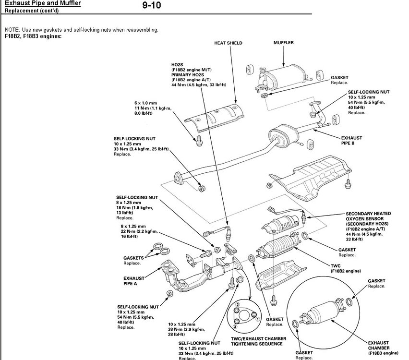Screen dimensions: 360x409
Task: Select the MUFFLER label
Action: [283, 43]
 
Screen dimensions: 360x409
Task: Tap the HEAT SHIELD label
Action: [228, 43]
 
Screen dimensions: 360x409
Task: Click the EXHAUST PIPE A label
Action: [134, 280]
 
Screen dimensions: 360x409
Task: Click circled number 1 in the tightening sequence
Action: [257, 319]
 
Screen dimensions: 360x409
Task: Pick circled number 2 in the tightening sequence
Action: [237, 306]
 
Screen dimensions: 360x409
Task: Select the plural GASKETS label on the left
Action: [133, 258]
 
